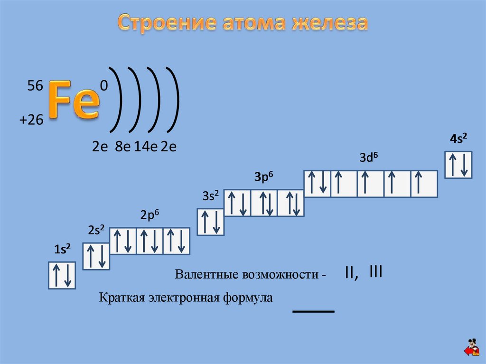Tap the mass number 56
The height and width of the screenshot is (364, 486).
click(x=35, y=86)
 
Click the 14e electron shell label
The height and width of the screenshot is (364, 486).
click(x=146, y=147)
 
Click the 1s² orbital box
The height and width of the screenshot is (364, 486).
click(x=62, y=275)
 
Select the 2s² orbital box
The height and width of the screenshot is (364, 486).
click(x=96, y=256)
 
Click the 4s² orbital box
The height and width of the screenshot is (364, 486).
click(x=458, y=164)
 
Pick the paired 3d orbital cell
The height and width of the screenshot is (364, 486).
click(x=318, y=184)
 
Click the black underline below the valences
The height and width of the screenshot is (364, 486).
click(x=314, y=311)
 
